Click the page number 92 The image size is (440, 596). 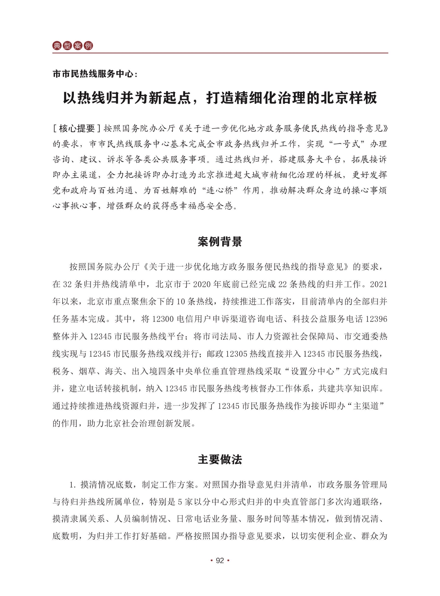(x=220, y=561)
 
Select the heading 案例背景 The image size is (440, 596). (x=220, y=242)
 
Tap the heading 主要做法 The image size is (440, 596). (x=220, y=459)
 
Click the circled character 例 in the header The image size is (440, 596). (x=88, y=46)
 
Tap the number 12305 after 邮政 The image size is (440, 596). (x=237, y=354)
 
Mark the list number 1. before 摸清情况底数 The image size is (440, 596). (x=73, y=485)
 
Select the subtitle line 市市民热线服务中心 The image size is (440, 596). (x=93, y=74)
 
